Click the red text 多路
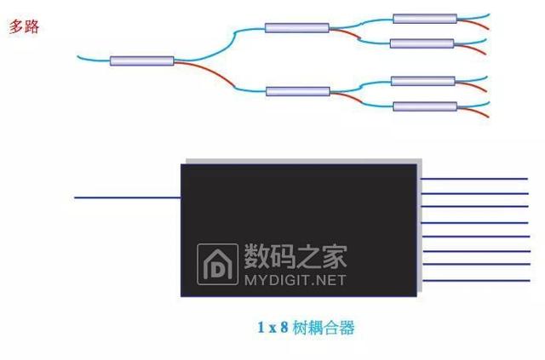tap(24, 26)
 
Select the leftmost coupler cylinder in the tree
tap(141, 60)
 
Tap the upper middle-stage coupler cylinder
tap(297, 28)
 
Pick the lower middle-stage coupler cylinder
tap(297, 91)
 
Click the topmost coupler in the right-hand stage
tap(424, 18)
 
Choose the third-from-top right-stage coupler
tap(422, 81)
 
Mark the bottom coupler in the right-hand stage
tap(425, 106)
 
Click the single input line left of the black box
tap(128, 198)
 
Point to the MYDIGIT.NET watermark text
tap(295, 279)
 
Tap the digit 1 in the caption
tap(261, 327)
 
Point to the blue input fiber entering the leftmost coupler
tap(94, 58)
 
